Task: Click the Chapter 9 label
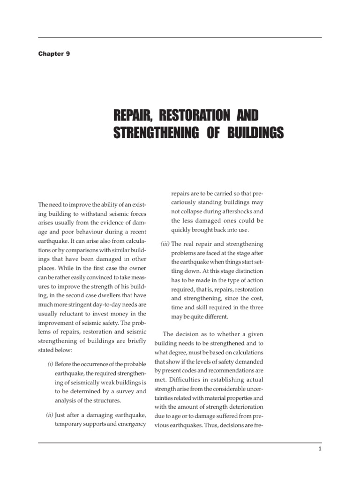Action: coord(54,54)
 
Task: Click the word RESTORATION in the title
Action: coord(188,115)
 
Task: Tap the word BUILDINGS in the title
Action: coord(253,132)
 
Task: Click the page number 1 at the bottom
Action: coord(319,449)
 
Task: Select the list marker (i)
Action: coord(50,364)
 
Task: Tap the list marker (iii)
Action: coord(165,244)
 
